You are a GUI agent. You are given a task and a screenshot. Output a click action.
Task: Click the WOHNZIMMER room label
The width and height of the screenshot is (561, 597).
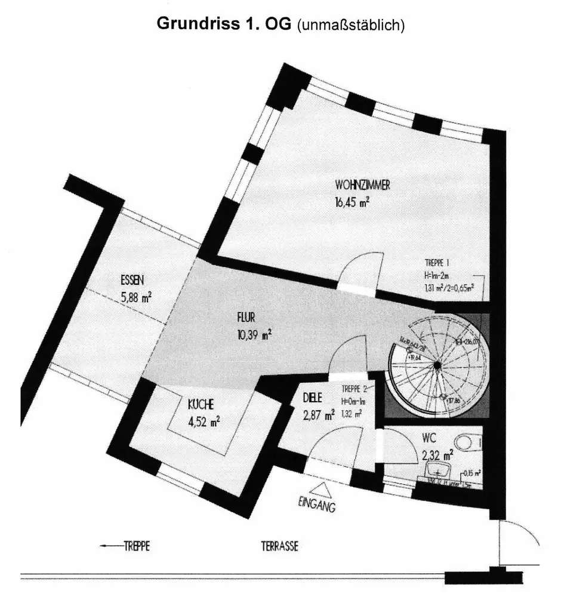pos(362,186)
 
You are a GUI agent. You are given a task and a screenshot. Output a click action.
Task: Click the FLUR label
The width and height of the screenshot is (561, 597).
pos(245,318)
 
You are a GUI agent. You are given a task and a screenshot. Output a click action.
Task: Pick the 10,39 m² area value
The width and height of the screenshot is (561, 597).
pos(254,334)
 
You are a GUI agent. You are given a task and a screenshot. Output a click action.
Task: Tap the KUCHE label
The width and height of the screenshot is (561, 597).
pos(196,403)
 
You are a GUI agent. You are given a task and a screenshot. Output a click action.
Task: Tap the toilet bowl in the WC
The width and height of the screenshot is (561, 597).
pos(466,442)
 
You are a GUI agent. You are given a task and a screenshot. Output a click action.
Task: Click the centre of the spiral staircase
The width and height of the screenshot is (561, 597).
pos(437,365)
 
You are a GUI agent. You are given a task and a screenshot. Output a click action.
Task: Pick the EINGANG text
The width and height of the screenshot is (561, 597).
pos(316,506)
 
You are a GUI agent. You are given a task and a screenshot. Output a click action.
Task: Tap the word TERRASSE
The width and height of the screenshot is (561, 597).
pos(279,546)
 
